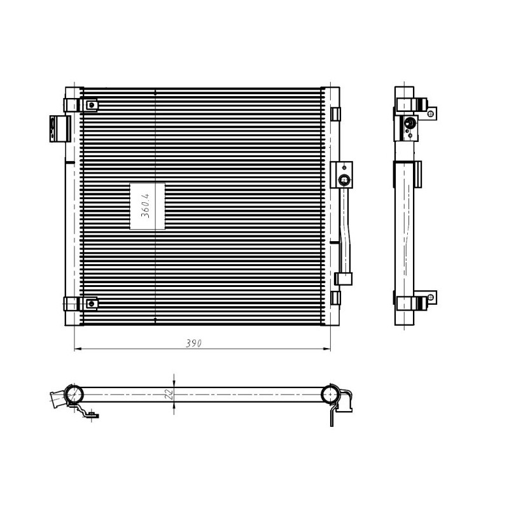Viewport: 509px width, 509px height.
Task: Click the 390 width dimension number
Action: (193, 343)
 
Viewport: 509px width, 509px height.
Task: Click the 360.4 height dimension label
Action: (146, 206)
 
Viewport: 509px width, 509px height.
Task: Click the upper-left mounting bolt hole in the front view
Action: (92, 105)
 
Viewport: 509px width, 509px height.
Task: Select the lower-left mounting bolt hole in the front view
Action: (92, 303)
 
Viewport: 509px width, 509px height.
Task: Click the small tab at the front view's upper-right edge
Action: (336, 113)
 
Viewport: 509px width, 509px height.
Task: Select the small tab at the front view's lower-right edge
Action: (336, 297)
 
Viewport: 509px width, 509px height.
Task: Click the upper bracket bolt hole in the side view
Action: (432, 114)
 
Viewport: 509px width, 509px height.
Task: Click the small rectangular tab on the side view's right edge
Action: (417, 172)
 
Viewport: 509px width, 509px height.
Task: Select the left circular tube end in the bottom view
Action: (74, 393)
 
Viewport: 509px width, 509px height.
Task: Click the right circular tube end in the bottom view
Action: (330, 394)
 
